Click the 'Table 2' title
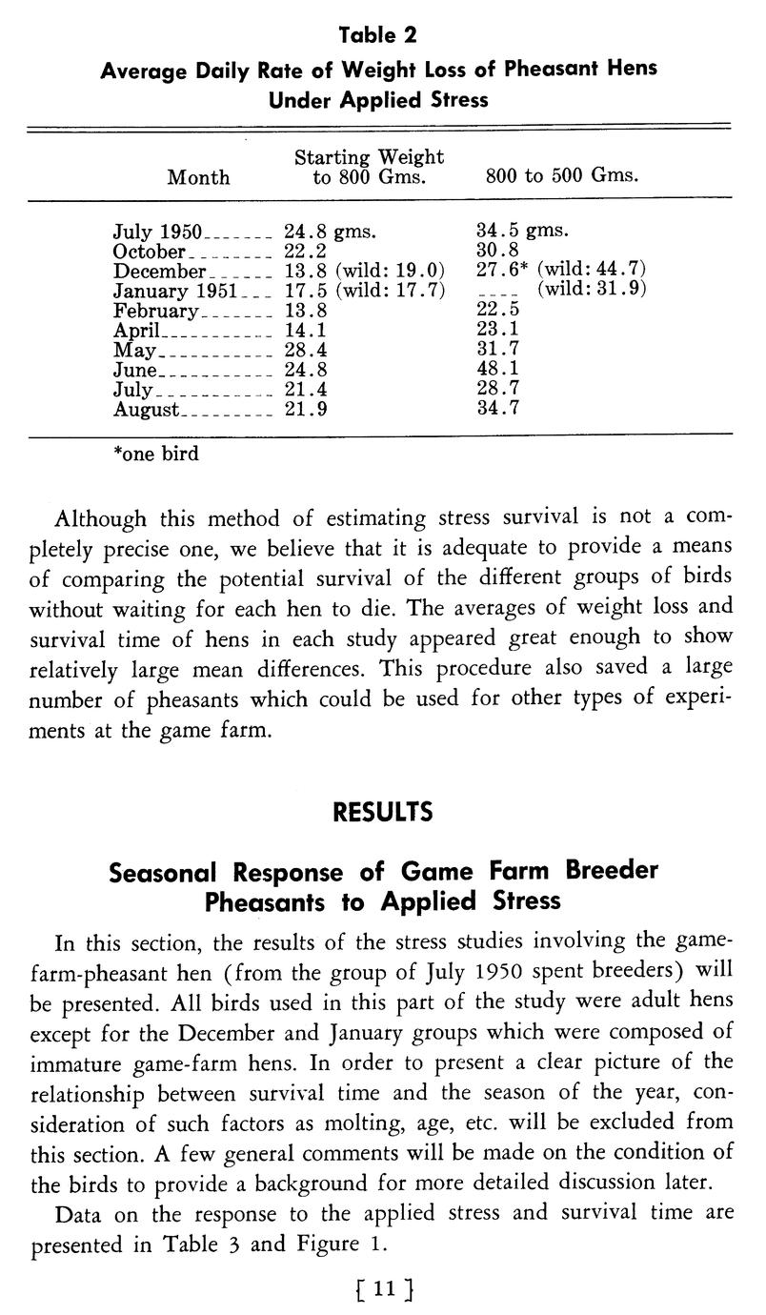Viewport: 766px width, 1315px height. click(379, 36)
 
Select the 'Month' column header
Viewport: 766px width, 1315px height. click(198, 177)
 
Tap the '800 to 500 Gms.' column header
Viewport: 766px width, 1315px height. click(561, 176)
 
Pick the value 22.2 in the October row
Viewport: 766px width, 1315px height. click(301, 252)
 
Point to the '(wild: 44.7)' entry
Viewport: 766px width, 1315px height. click(592, 270)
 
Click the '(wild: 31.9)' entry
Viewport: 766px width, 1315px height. click(592, 290)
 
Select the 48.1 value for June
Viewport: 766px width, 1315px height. click(495, 370)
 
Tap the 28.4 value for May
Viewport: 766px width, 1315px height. click(301, 350)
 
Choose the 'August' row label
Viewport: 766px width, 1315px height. click(146, 410)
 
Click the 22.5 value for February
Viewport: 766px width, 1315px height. click(495, 311)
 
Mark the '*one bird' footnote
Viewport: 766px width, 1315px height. click(155, 455)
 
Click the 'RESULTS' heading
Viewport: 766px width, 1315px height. click(382, 813)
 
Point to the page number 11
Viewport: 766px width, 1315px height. click(383, 1288)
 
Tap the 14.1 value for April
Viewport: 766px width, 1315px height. click(301, 330)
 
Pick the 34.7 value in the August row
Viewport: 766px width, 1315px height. click(495, 410)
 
